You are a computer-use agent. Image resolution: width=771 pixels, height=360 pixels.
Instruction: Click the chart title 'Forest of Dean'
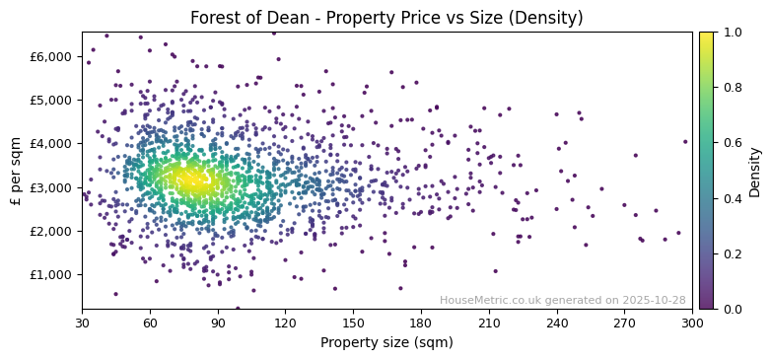tap(386, 18)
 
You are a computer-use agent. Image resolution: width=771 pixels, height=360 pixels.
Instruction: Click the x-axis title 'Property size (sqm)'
tap(386, 343)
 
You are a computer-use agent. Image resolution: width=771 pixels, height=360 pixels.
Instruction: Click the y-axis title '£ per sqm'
tap(16, 171)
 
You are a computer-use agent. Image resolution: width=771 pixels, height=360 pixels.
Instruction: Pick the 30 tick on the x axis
tap(82, 323)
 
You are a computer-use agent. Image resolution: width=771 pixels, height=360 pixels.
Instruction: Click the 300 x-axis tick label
tap(692, 323)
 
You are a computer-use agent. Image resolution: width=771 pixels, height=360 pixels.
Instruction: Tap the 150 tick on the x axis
tap(353, 323)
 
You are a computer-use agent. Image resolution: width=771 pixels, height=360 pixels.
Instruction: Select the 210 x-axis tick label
tap(489, 323)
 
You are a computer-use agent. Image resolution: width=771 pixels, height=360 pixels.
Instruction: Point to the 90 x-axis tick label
tap(218, 323)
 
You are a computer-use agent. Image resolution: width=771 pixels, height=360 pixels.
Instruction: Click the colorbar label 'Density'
tap(754, 171)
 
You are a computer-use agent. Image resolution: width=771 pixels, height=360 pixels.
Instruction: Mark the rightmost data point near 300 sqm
tap(685, 141)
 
